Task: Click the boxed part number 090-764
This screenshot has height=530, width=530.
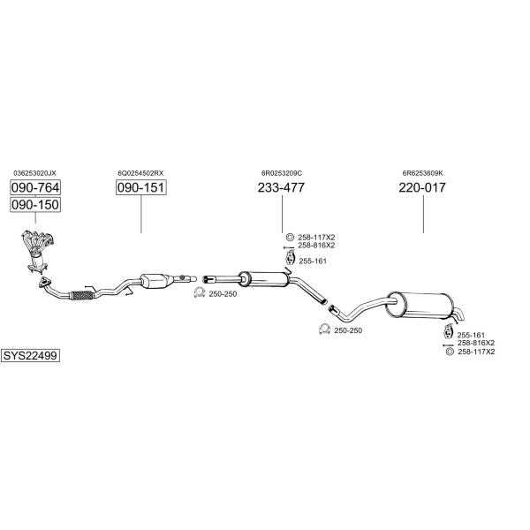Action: (x=34, y=188)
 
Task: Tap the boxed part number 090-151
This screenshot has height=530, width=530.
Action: (x=141, y=188)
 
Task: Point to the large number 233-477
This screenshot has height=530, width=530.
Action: (x=281, y=188)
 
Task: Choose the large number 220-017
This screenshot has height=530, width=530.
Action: (x=421, y=188)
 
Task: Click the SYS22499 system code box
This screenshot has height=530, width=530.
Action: (x=30, y=355)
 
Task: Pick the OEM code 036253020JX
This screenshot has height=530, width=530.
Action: (x=34, y=173)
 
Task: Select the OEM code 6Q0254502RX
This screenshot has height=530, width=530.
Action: (x=141, y=173)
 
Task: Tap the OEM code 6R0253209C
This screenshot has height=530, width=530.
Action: (x=282, y=173)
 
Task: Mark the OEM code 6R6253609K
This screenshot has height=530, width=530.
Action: (x=422, y=173)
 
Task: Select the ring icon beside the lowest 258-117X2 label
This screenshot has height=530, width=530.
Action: (x=450, y=352)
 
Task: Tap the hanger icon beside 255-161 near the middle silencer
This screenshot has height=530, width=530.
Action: (x=289, y=259)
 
